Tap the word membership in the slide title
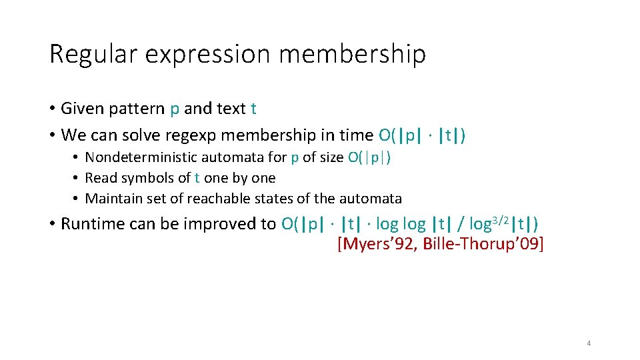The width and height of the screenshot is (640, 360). pos(352,53)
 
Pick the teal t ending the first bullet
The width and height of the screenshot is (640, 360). pos(253,108)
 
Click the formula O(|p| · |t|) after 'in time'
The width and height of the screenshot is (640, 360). pos(422,135)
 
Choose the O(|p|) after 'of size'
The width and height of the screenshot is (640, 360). pos(370,157)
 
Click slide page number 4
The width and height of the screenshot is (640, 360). pos(589,344)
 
